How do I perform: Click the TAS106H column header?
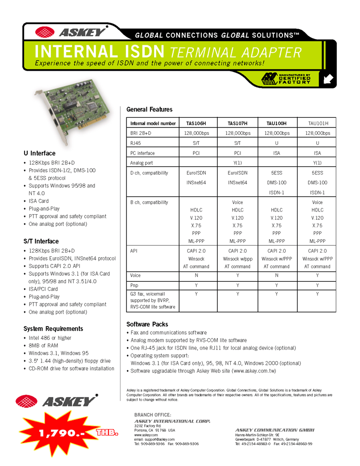(x=196, y=123)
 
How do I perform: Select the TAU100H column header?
(x=276, y=123)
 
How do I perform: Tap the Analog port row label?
(x=142, y=163)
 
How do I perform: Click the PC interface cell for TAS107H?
(x=237, y=153)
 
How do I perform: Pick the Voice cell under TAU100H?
(x=276, y=275)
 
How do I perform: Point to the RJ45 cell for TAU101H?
(x=317, y=143)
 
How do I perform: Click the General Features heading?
(x=149, y=109)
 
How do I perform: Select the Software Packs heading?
(x=147, y=324)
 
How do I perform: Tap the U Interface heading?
(x=39, y=153)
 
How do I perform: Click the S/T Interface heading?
(x=41, y=241)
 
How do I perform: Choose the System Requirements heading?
(x=53, y=329)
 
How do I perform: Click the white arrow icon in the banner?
(x=329, y=79)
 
